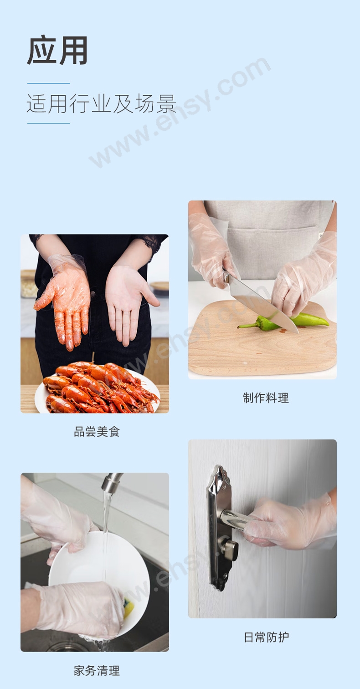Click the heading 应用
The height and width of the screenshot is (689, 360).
[57, 50]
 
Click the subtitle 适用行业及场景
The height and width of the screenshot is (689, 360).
[102, 104]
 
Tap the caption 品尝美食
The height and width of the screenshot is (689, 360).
[97, 432]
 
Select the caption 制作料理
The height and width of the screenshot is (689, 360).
[266, 398]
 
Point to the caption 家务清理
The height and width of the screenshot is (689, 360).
[97, 671]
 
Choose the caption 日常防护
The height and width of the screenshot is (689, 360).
[266, 637]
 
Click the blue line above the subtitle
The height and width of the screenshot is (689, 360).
[49, 83]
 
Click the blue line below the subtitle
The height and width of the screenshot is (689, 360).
[49, 123]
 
